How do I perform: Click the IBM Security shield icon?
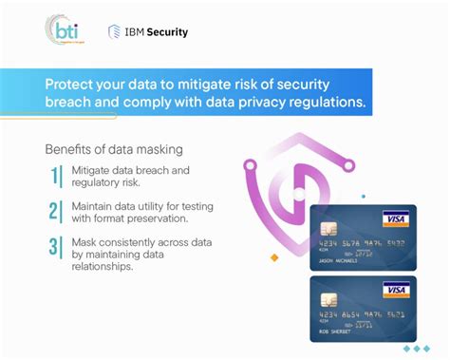point(114,31)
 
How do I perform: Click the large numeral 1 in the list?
point(55,177)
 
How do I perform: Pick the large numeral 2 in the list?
point(55,212)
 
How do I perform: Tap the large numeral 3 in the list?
point(55,247)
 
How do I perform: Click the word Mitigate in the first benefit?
point(91,170)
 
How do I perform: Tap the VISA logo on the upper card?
point(395,219)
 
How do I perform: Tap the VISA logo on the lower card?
point(395,290)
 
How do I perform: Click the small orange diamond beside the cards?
point(274,256)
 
